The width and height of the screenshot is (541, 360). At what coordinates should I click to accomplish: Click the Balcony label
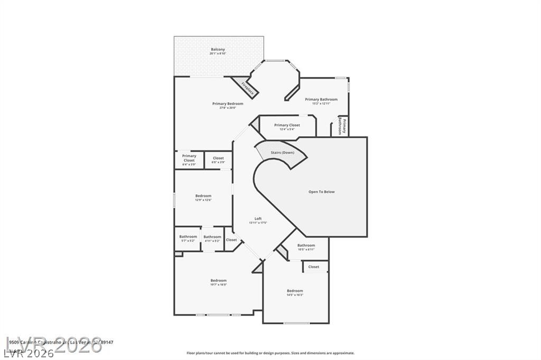pos(218,51)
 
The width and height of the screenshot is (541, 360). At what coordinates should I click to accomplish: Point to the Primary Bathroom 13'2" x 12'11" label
pos(321,101)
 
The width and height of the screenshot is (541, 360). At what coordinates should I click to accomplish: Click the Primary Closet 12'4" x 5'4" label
pos(287,127)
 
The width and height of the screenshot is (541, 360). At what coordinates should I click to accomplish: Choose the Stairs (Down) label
pos(283,153)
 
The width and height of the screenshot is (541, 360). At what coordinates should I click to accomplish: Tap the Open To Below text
pos(321,192)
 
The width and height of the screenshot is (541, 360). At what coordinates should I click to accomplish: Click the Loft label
pos(258,220)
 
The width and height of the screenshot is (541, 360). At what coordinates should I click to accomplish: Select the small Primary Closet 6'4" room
pos(189,160)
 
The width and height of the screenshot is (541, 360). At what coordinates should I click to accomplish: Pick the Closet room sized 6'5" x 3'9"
pos(218,160)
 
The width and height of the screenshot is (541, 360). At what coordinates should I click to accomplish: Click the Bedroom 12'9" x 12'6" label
pos(203,197)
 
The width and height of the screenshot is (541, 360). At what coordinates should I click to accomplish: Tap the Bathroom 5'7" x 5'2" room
pos(188,238)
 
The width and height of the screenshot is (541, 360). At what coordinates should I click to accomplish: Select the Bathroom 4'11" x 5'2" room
pos(212,239)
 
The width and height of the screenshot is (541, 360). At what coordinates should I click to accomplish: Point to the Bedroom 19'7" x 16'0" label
pos(218,282)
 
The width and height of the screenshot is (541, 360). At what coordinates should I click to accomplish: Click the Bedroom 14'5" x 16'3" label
pos(295,292)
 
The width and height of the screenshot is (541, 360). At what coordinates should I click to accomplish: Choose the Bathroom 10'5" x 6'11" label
pos(306,247)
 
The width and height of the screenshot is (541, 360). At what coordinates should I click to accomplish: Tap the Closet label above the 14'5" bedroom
pos(314,267)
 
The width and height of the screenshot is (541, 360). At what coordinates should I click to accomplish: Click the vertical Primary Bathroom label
pos(343,127)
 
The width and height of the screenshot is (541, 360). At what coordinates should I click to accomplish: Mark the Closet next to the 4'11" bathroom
pos(231,240)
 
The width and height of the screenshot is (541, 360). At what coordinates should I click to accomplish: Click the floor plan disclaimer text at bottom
pos(270,353)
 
